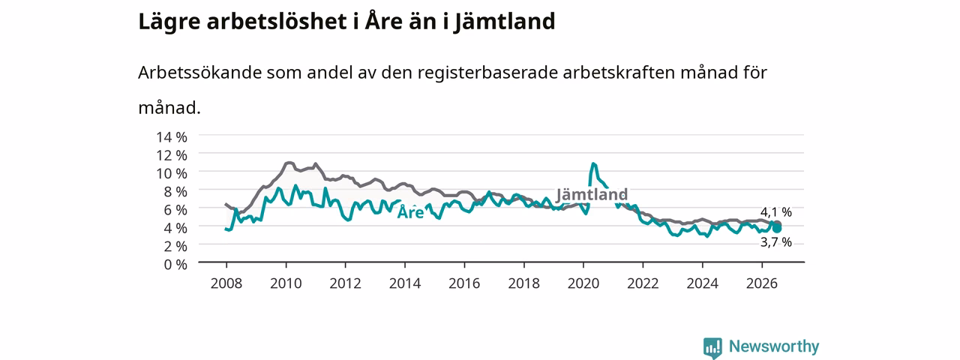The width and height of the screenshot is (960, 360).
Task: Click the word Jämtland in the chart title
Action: click(x=505, y=22)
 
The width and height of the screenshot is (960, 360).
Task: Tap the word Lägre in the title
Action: click(x=169, y=22)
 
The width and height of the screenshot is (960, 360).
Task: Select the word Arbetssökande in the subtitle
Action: click(x=199, y=73)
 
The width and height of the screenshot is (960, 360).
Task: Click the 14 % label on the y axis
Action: click(x=172, y=137)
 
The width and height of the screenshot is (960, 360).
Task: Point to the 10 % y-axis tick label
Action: click(x=172, y=173)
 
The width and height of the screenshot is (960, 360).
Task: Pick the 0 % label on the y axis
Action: click(x=175, y=265)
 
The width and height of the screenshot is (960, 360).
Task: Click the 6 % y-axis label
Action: click(x=175, y=210)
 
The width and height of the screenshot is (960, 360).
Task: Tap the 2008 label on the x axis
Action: click(x=226, y=283)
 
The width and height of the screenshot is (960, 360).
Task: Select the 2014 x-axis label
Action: click(x=405, y=283)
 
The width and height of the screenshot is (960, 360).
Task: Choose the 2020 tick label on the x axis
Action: click(x=583, y=283)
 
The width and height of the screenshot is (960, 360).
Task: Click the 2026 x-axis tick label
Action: click(x=762, y=283)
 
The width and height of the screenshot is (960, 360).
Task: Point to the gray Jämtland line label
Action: click(x=592, y=194)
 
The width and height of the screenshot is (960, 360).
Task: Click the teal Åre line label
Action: click(x=410, y=212)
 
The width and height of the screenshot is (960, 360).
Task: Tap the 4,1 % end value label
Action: click(x=776, y=212)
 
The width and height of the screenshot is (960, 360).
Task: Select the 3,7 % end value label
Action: click(x=776, y=242)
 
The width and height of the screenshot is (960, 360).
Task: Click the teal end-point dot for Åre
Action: click(x=777, y=229)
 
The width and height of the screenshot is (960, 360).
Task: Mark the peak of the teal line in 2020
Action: click(x=593, y=163)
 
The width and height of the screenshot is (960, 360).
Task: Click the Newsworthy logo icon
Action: click(x=712, y=348)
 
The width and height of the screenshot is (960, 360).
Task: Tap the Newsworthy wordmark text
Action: click(x=774, y=346)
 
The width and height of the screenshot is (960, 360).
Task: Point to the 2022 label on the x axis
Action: click(x=643, y=283)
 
